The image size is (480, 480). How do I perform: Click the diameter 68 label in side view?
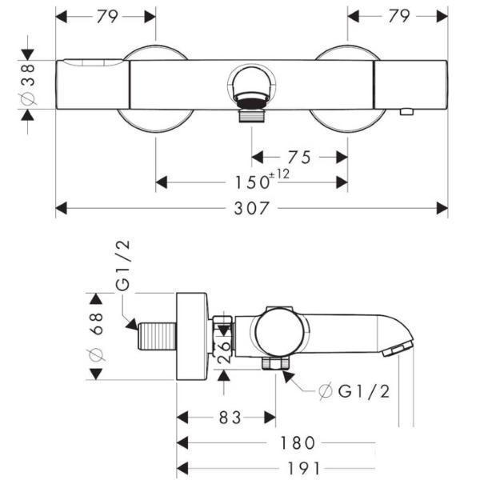click(x=97, y=338)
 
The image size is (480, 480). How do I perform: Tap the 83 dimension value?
click(x=226, y=417)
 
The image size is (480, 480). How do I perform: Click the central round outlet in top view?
click(x=252, y=86)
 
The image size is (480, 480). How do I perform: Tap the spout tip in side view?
click(x=400, y=348)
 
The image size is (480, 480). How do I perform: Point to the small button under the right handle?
click(x=406, y=112)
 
